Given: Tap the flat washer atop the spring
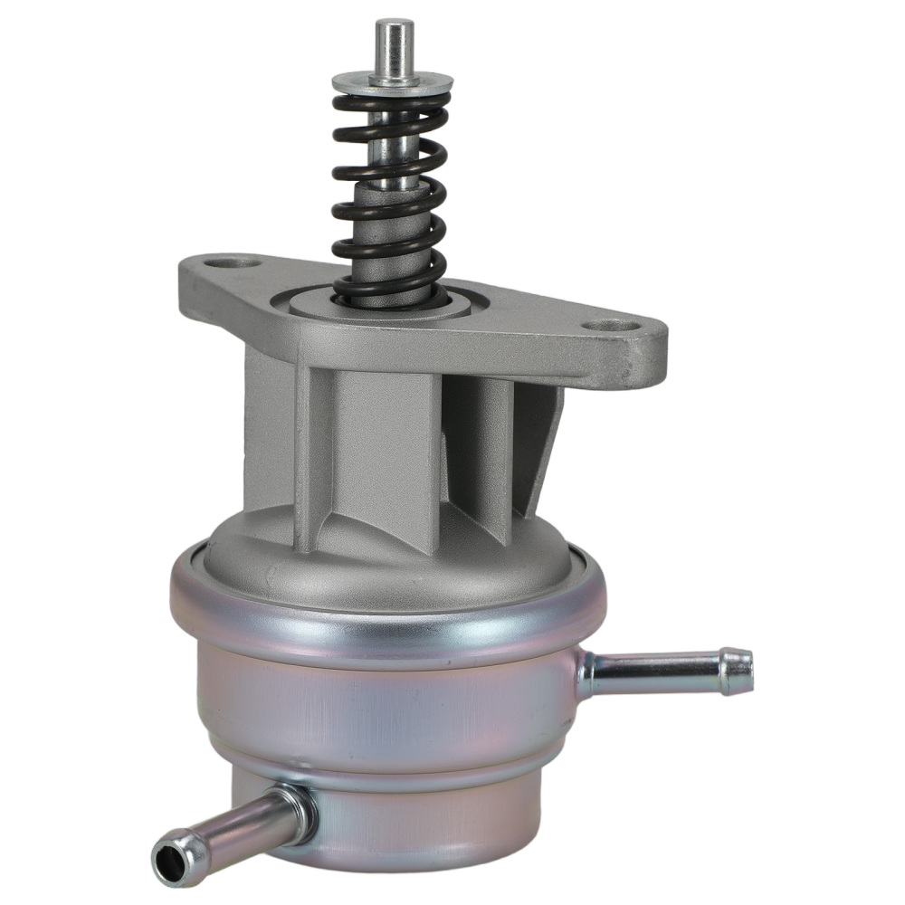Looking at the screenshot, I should click(392, 84).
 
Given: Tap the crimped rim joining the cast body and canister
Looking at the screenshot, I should click(389, 615).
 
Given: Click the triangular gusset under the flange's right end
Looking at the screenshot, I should click(538, 434).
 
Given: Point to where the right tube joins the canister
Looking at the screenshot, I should click(588, 674).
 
